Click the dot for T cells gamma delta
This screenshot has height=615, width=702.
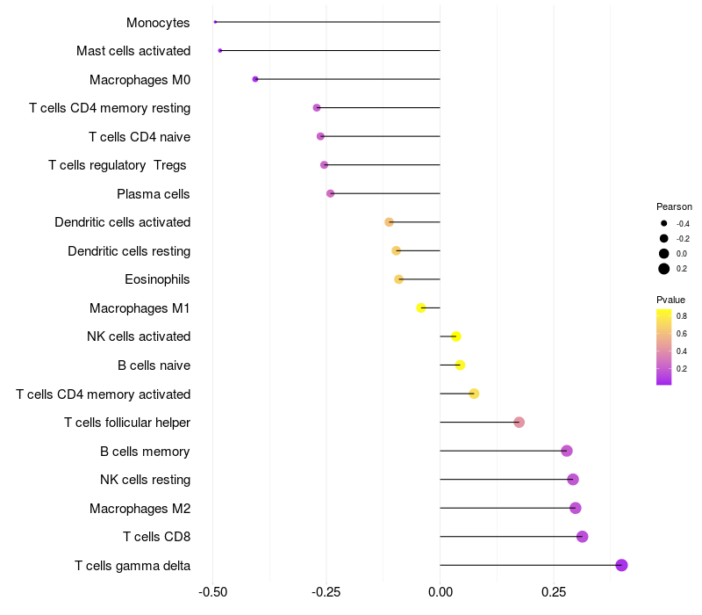tap(621, 565)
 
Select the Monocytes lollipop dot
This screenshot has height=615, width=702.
tap(215, 22)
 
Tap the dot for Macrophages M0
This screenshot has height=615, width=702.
tap(255, 79)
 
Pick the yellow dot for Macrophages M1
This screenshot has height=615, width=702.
tap(421, 307)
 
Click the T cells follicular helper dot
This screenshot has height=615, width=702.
tap(519, 423)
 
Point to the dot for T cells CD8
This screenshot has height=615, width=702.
tap(582, 537)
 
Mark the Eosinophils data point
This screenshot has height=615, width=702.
tap(399, 279)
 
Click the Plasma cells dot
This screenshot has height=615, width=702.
tap(330, 193)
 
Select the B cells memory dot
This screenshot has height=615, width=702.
tap(567, 451)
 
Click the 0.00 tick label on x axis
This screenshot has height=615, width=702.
tap(440, 593)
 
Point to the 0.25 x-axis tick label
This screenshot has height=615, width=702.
tap(553, 593)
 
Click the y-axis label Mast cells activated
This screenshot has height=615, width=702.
tap(133, 51)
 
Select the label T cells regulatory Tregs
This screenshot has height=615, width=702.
tap(118, 165)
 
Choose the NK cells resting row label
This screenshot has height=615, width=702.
tap(145, 480)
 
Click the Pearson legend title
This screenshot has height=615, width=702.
tap(674, 206)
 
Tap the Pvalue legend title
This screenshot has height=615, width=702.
tap(671, 300)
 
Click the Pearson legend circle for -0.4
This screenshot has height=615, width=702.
tap(664, 224)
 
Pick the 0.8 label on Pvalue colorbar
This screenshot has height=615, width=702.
tap(682, 315)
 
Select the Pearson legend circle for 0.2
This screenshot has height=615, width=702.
tap(664, 269)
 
